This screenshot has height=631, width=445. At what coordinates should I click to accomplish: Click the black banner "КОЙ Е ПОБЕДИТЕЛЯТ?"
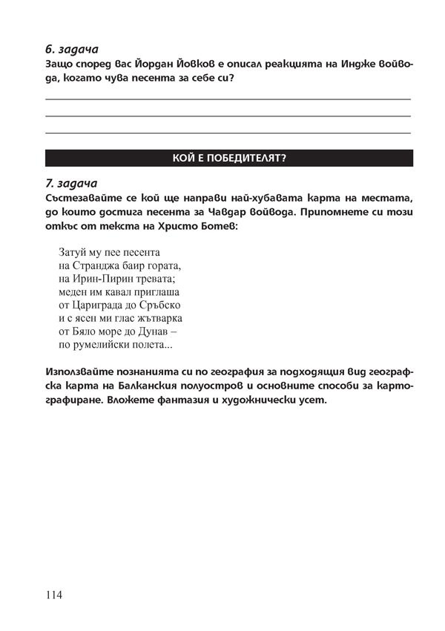click(x=229, y=158)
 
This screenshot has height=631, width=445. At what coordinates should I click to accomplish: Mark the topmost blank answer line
click(x=228, y=99)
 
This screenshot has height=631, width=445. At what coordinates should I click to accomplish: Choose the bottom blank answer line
click(x=228, y=133)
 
